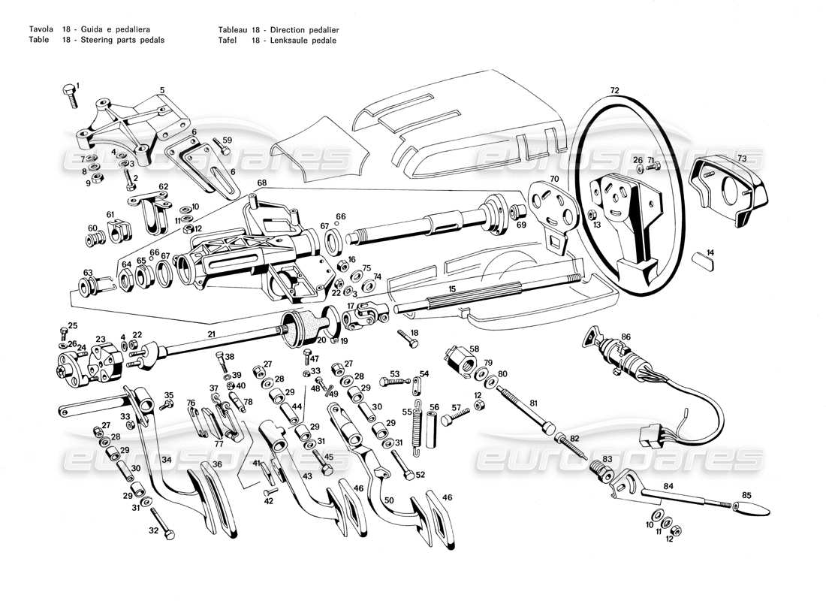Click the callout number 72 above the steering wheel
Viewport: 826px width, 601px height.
pos(614,90)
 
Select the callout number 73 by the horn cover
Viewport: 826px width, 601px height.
pos(741,159)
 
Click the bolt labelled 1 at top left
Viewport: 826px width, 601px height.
pos(69,97)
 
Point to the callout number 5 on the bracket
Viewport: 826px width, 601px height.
pos(161,91)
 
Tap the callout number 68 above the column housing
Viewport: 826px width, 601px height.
pos(262,182)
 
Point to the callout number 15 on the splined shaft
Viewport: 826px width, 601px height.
pos(451,288)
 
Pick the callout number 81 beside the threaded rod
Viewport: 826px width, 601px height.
pos(534,403)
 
